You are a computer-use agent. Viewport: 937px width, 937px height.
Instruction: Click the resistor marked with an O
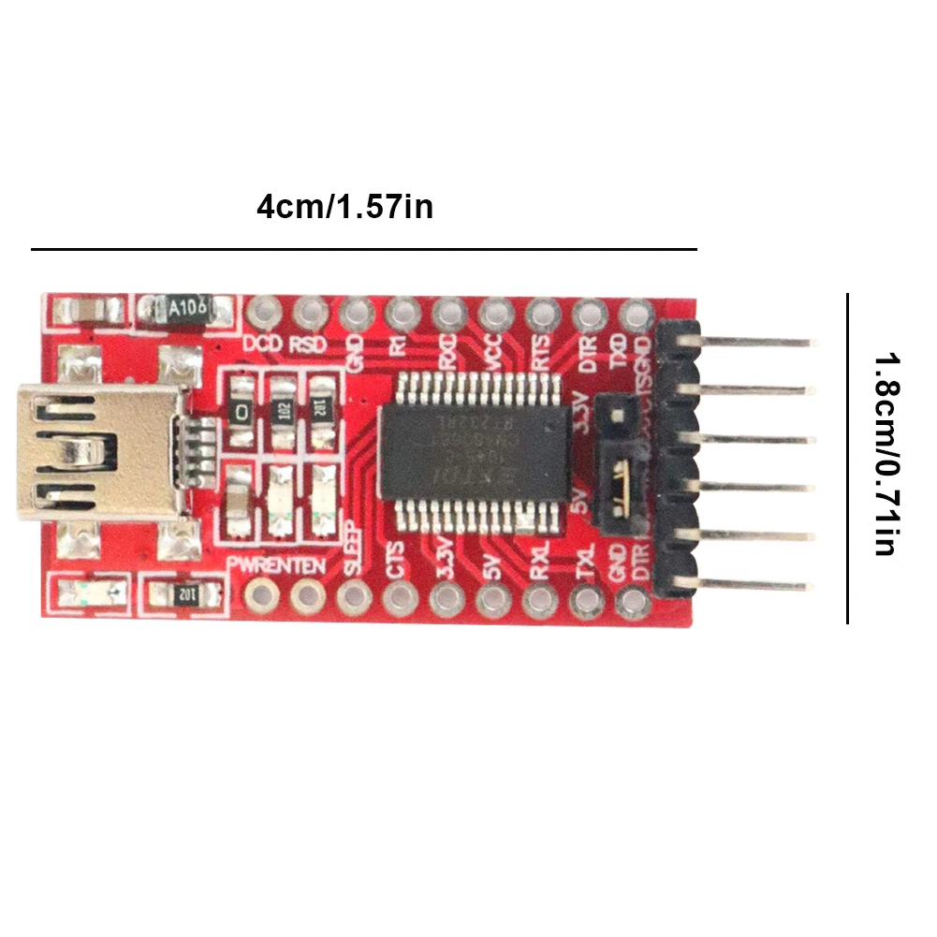coord(242,411)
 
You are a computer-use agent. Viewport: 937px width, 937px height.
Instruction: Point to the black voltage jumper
coord(620,459)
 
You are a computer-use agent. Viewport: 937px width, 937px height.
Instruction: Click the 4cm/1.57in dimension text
coord(344,206)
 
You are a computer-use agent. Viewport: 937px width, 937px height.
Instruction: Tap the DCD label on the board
coord(263,343)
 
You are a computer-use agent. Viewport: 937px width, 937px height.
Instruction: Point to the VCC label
coord(494,352)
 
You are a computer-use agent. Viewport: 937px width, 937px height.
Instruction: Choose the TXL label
coord(586,563)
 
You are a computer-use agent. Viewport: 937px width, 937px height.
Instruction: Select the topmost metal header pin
coord(758,342)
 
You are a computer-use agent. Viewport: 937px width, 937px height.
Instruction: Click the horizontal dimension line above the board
coord(364,249)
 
